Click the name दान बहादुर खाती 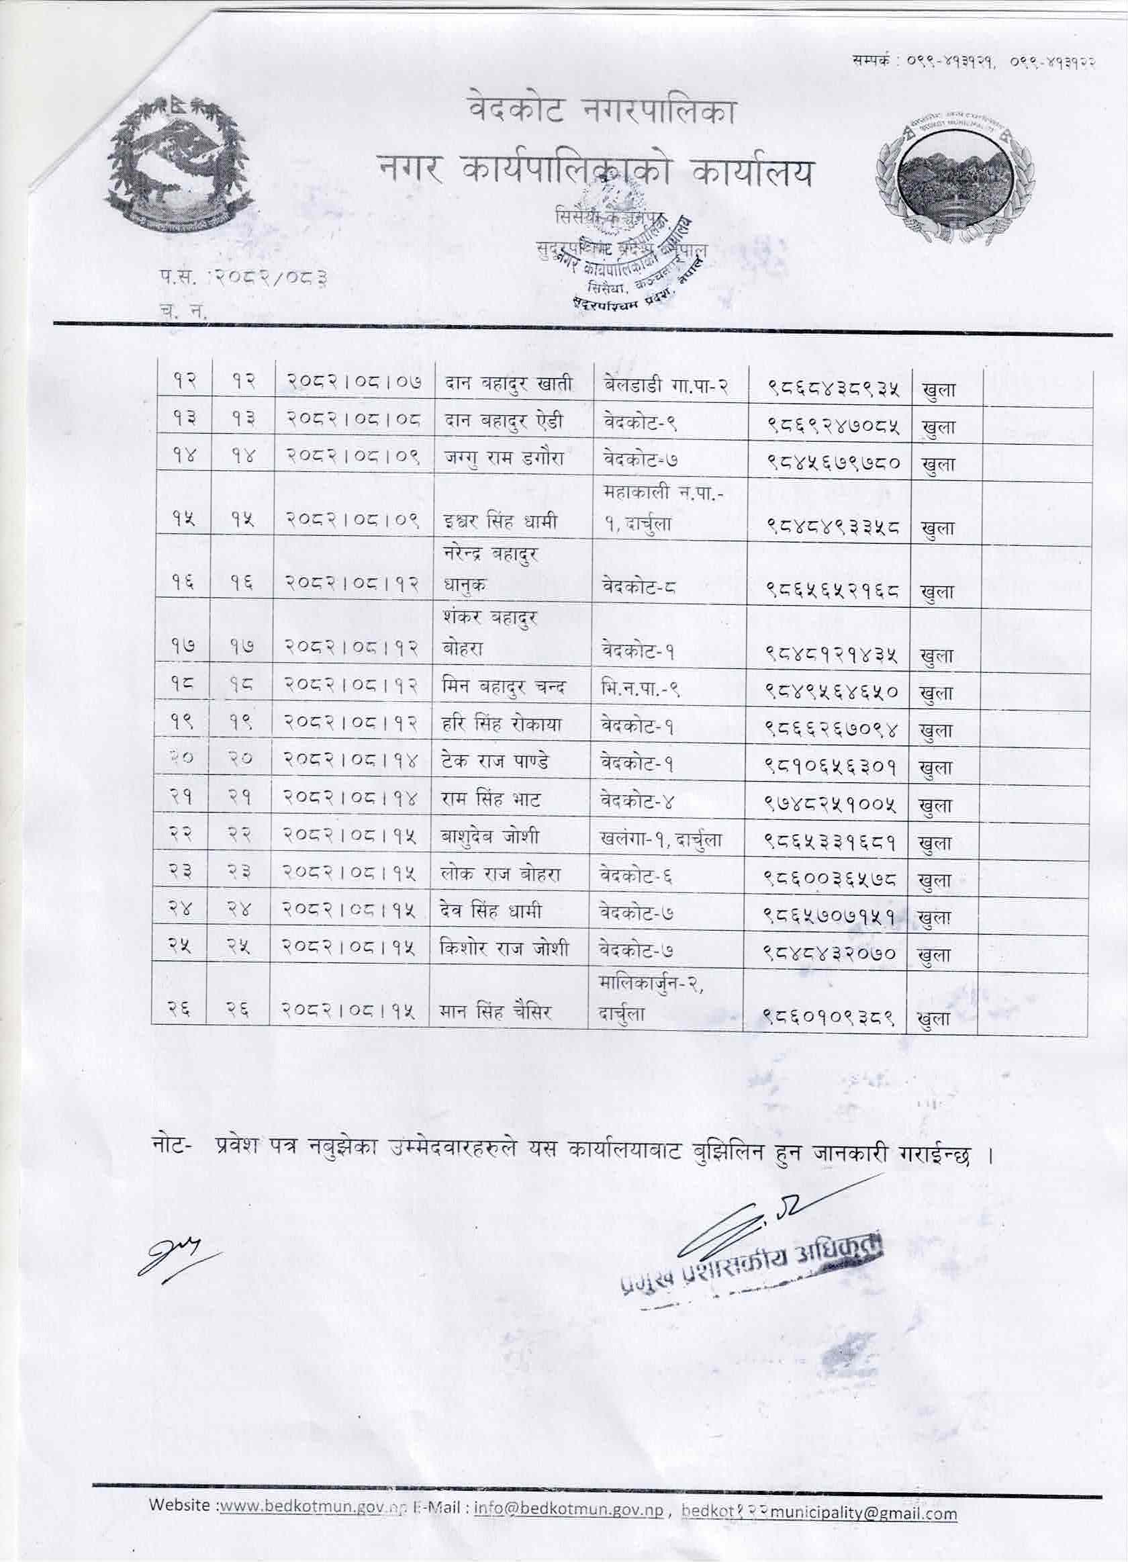507,386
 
